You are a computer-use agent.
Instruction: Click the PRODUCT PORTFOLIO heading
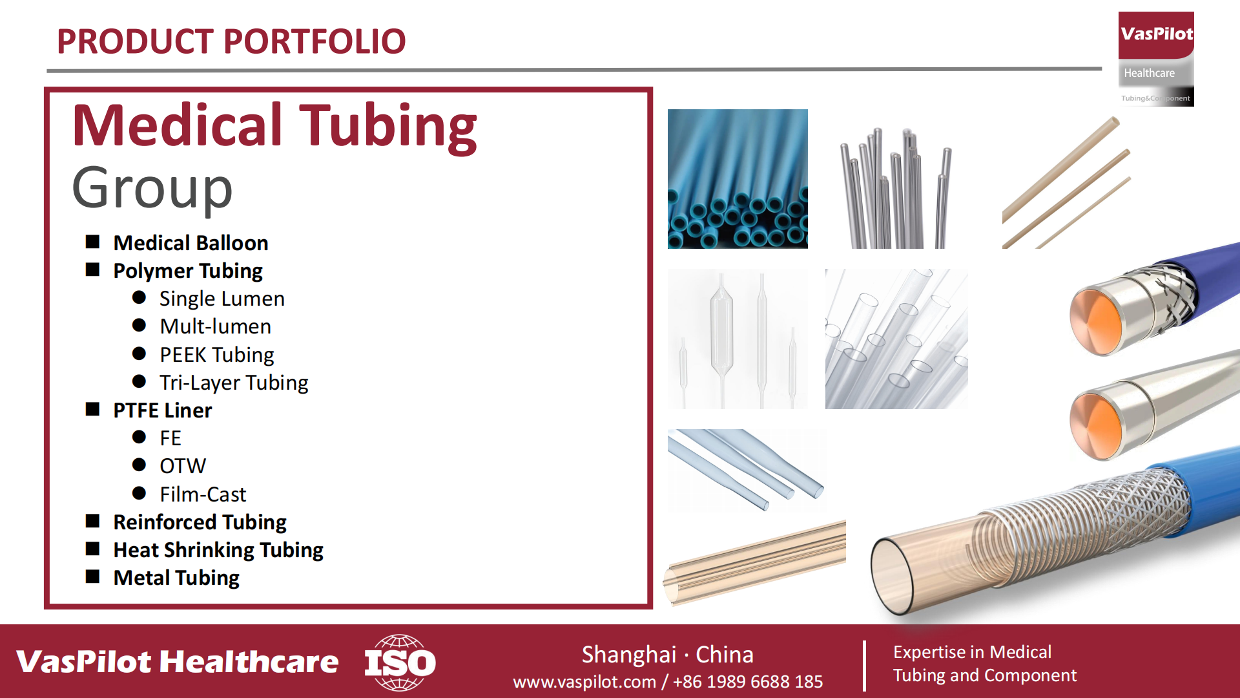[x=231, y=41]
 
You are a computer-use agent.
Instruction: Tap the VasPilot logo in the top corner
[x=1156, y=59]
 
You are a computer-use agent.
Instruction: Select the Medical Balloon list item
[x=191, y=243]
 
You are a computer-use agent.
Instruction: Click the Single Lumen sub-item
[x=222, y=299]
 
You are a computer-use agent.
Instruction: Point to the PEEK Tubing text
[x=217, y=355]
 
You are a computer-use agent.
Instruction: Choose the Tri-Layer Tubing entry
[x=234, y=383]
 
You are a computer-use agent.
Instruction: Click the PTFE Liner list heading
[x=163, y=410]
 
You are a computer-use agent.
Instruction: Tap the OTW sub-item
[x=183, y=466]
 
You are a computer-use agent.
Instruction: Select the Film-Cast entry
[x=203, y=494]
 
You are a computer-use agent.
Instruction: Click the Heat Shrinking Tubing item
[x=218, y=550]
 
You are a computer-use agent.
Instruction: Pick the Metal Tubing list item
[x=176, y=578]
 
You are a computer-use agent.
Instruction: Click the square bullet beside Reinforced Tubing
[x=93, y=521]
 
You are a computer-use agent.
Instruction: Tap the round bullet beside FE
[x=139, y=437]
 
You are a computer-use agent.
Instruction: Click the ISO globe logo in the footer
[x=400, y=662]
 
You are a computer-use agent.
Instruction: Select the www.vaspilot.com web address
[x=584, y=682]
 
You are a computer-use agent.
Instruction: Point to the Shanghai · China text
[x=668, y=655]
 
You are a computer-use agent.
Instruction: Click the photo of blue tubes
[x=738, y=179]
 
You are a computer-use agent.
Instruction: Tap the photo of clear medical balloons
[x=738, y=339]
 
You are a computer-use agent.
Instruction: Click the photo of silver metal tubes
[x=896, y=187]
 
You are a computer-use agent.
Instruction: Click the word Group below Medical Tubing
[x=152, y=189]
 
